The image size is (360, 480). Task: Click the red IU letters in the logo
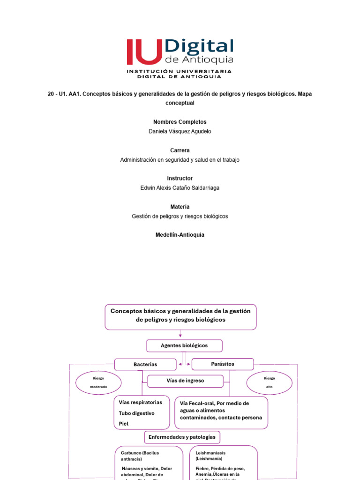pyautogui.click(x=144, y=52)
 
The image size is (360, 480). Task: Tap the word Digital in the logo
pyautogui.click(x=199, y=46)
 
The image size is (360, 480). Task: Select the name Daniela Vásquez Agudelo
pyautogui.click(x=180, y=131)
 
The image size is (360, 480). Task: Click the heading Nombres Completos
pyautogui.click(x=180, y=122)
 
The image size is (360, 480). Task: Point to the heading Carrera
pyautogui.click(x=180, y=150)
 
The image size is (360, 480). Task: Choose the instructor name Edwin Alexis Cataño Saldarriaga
pyautogui.click(x=180, y=188)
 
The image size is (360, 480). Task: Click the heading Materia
pyautogui.click(x=180, y=207)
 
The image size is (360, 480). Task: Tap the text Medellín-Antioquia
pyautogui.click(x=180, y=235)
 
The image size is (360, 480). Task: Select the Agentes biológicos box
pyautogui.click(x=184, y=346)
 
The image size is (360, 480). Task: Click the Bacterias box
pyautogui.click(x=145, y=364)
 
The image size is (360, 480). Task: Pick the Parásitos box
pyautogui.click(x=223, y=364)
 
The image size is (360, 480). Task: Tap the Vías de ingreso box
pyautogui.click(x=185, y=381)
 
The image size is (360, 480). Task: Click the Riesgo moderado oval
pyautogui.click(x=98, y=382)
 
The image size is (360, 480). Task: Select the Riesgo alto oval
pyautogui.click(x=269, y=382)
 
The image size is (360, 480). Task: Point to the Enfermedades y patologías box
pyautogui.click(x=182, y=437)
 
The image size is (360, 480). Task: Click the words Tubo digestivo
pyautogui.click(x=136, y=413)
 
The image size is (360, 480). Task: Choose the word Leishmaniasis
pyautogui.click(x=210, y=453)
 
